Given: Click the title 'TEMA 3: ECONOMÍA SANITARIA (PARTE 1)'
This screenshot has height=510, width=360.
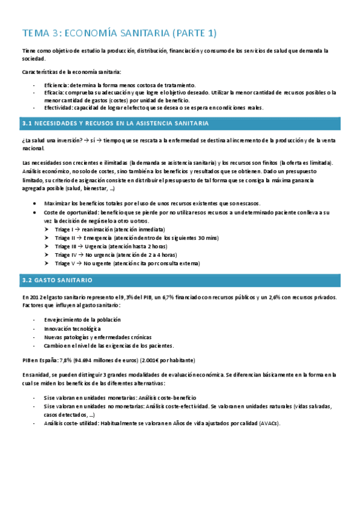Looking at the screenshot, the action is (119, 33).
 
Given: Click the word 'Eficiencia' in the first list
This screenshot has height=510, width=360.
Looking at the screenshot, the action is (55, 85).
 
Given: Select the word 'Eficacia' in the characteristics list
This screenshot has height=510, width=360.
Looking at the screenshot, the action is (54, 93).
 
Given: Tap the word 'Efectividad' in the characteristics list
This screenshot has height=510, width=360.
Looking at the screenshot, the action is (58, 108).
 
